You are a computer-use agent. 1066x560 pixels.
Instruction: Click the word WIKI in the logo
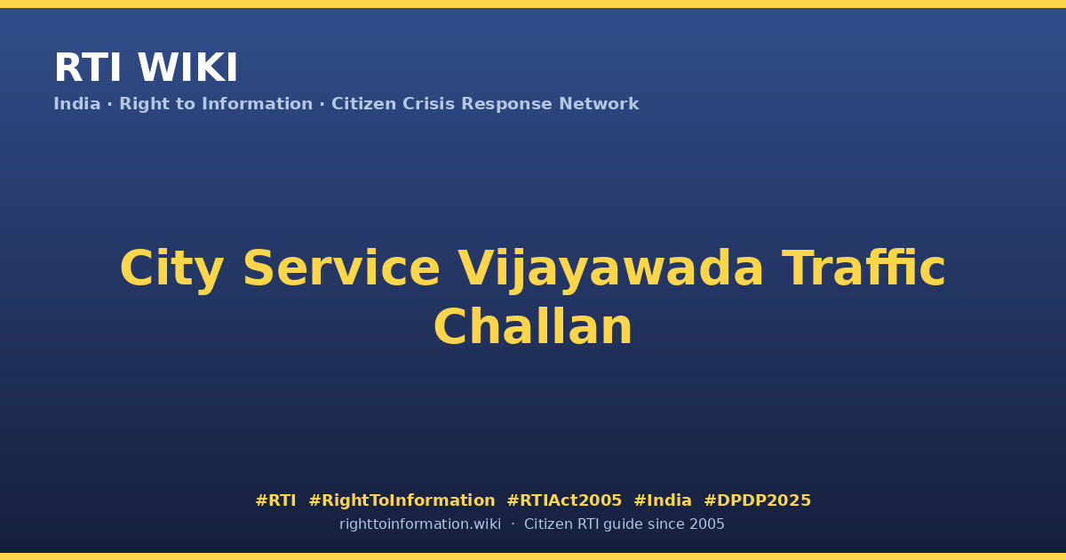tap(187, 68)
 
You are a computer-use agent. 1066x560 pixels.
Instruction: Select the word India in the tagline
tap(77, 104)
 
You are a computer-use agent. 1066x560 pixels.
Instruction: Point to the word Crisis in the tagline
tap(428, 104)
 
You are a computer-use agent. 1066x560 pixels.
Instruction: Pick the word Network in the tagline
tap(599, 104)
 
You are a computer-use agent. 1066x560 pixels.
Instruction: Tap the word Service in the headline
tap(341, 268)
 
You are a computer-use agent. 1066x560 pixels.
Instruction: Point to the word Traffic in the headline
tap(863, 268)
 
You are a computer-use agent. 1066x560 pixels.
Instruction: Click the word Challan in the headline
tap(533, 326)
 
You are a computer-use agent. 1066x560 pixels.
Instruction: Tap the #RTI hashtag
tap(275, 500)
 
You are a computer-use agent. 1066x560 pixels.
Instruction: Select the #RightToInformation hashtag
tap(402, 501)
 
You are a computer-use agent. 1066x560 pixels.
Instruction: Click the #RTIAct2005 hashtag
tap(564, 500)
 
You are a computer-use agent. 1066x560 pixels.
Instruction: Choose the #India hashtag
tap(663, 500)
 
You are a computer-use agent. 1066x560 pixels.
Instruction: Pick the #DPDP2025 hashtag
tap(757, 500)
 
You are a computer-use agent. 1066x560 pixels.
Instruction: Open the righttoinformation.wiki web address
tap(420, 524)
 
